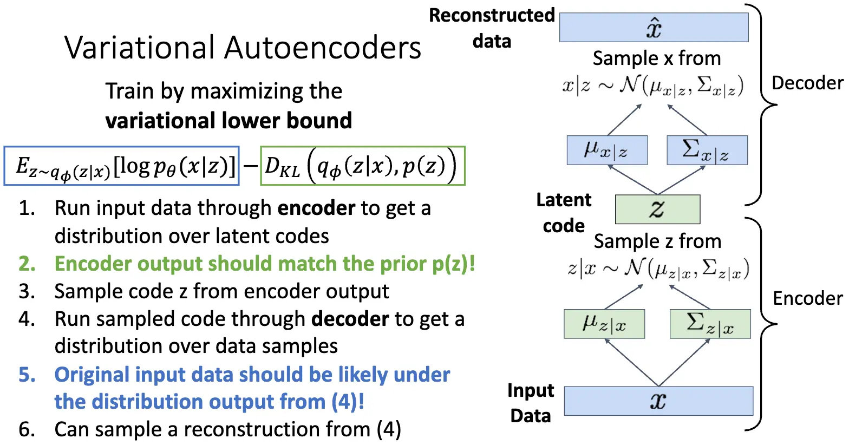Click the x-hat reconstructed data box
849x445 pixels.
pos(654,27)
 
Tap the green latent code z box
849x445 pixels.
pos(657,209)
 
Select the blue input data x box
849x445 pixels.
pos(658,401)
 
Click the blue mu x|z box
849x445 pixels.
pos(607,150)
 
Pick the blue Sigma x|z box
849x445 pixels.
pos(707,150)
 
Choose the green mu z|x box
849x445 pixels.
pos(604,324)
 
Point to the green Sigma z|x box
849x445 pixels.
pos(710,324)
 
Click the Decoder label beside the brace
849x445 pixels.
pos(807,83)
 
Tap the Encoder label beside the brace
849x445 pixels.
pos(807,298)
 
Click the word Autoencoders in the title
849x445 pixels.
pos(323,48)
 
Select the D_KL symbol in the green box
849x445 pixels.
pos(282,167)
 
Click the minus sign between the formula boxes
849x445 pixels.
pos(250,166)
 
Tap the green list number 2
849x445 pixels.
pos(27,264)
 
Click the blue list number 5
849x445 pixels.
pos(27,375)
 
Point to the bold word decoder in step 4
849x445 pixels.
pos(350,319)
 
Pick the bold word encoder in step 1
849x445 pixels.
pos(316,208)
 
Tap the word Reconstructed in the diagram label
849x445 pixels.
pos(492,15)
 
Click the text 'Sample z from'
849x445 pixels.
pos(657,241)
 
